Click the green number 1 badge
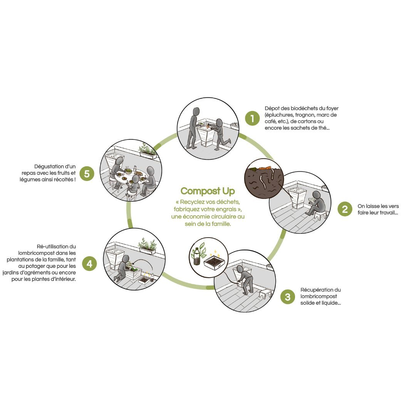[252, 118]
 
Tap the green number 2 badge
[345, 209]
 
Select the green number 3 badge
[288, 297]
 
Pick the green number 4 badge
[89, 264]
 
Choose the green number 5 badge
[87, 173]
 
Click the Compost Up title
[208, 191]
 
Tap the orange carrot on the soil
[265, 168]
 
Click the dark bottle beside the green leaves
[196, 256]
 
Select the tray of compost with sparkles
[214, 262]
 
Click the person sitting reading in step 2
[316, 203]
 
